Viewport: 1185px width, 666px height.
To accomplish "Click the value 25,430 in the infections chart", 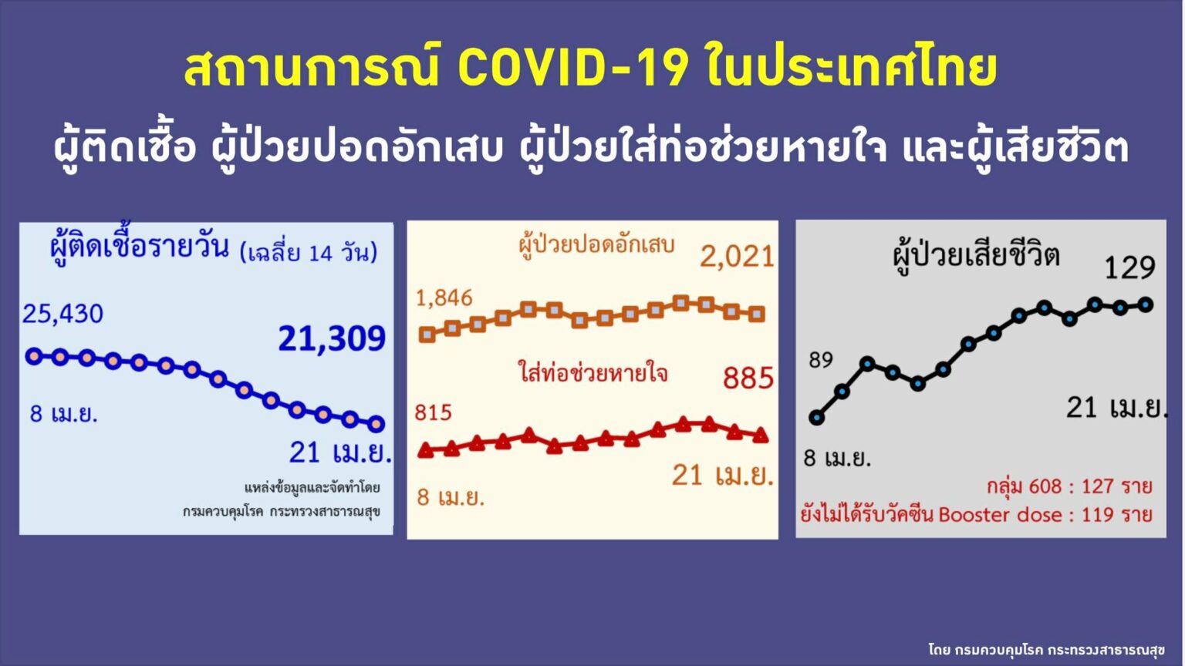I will (62, 314).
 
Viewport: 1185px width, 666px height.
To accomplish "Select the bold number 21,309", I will (332, 338).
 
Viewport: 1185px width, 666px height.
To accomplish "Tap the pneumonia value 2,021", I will (737, 256).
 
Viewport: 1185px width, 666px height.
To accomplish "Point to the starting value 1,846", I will (444, 298).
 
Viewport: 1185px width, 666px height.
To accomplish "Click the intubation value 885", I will (748, 378).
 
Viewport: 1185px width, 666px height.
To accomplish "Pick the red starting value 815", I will (433, 413).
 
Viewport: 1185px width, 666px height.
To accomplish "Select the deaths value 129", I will (1129, 267).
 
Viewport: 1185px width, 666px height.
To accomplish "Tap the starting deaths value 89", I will (821, 360).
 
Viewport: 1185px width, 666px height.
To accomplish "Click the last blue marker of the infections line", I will (376, 424).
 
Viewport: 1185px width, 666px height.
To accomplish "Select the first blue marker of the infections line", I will (34, 356).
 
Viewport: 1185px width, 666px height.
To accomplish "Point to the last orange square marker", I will (757, 314).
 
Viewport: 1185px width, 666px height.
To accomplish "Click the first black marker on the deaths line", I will (817, 418).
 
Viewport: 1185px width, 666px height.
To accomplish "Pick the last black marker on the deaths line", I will (1146, 304).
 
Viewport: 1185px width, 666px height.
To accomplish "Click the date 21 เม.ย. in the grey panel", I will (1116, 408).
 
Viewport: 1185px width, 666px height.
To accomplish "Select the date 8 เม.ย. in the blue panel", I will (63, 414).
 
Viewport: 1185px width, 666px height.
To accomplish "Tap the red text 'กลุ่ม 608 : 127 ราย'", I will (1069, 486).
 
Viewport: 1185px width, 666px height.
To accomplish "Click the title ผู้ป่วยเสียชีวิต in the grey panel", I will (975, 255).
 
